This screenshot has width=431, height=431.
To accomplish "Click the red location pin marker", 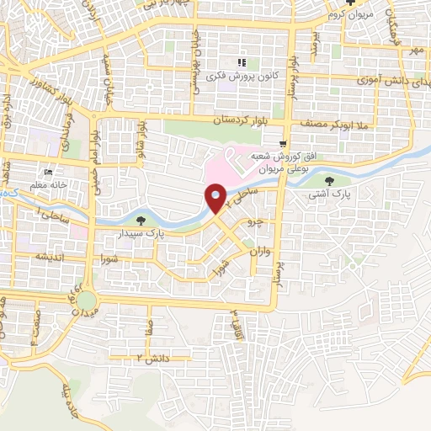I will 216,198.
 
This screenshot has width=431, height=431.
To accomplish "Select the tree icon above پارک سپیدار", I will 151,220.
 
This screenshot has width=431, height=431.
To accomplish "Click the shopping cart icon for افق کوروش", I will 285,144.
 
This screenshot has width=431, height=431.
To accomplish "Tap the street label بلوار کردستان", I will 245,122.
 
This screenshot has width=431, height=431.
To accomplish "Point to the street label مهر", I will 414,51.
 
